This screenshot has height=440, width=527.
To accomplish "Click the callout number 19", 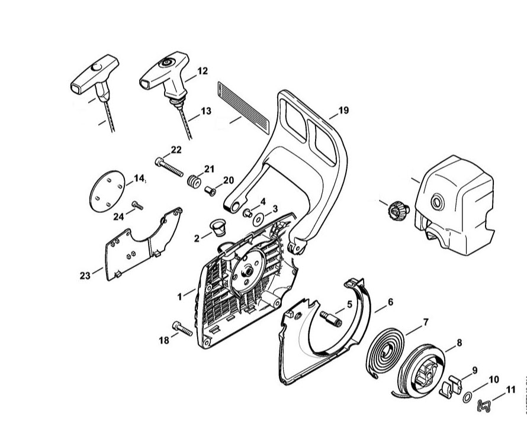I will pos(343,111).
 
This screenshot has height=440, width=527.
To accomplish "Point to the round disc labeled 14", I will pos(108,190).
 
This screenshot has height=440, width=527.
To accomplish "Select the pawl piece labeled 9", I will pos(454,383).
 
